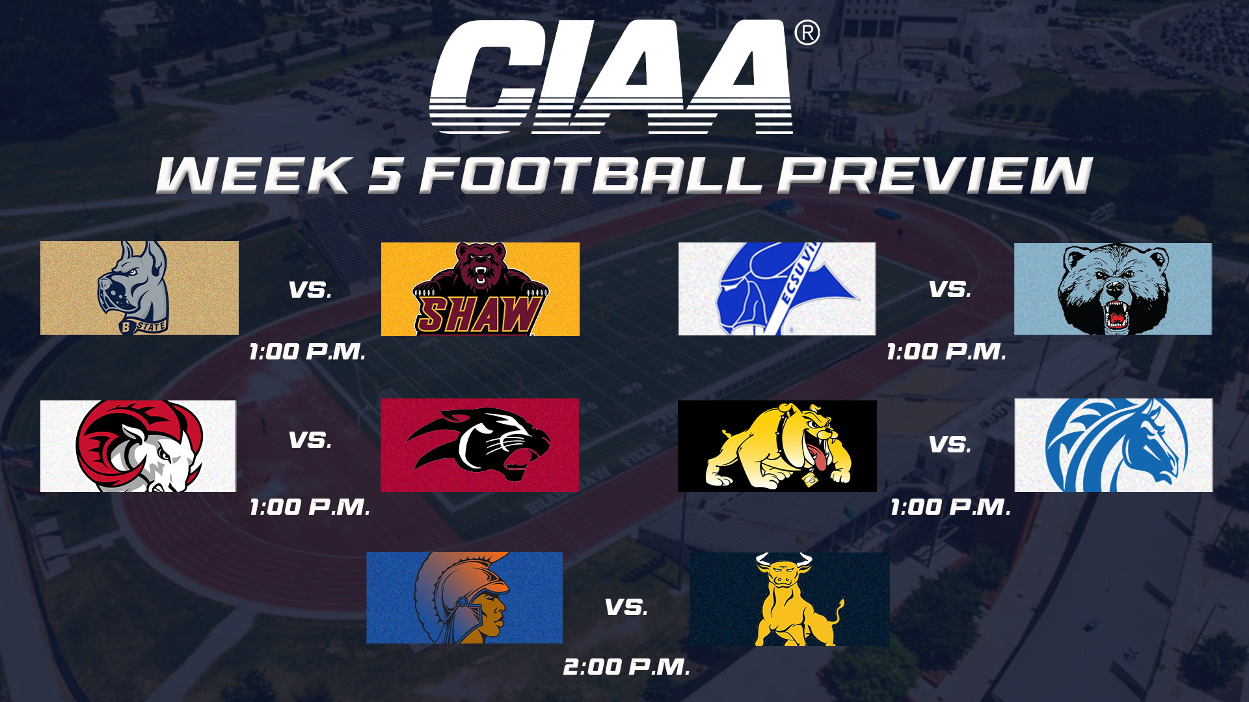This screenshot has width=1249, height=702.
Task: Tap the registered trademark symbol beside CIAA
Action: pyautogui.click(x=807, y=32)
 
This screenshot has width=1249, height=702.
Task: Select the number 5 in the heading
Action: pyautogui.click(x=385, y=175)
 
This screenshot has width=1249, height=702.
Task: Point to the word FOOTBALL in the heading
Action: pyautogui.click(x=591, y=175)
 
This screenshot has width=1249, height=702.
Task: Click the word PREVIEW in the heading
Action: pyautogui.click(x=935, y=175)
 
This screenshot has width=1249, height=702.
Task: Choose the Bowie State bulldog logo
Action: pyautogui.click(x=139, y=288)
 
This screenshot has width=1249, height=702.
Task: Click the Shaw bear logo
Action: pyautogui.click(x=480, y=289)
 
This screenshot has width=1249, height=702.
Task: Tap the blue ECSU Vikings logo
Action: pyautogui.click(x=777, y=289)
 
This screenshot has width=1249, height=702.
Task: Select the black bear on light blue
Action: pyautogui.click(x=1112, y=289)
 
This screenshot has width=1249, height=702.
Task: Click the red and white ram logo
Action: pyautogui.click(x=138, y=446)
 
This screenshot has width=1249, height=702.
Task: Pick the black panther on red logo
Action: pyautogui.click(x=479, y=445)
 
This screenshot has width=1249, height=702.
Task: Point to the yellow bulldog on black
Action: pyautogui.click(x=777, y=446)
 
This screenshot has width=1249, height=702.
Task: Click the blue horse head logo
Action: pyautogui.click(x=1113, y=445)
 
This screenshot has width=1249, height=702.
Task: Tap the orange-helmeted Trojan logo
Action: pyautogui.click(x=464, y=597)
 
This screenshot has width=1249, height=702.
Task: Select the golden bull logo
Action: pyautogui.click(x=789, y=599)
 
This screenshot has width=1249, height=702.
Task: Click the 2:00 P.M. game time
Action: pyautogui.click(x=626, y=667)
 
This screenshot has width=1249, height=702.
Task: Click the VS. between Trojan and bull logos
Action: pyautogui.click(x=626, y=607)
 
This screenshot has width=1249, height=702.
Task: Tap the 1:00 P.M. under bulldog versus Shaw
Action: pyautogui.click(x=307, y=352)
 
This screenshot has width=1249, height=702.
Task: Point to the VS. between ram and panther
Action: pyautogui.click(x=310, y=440)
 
